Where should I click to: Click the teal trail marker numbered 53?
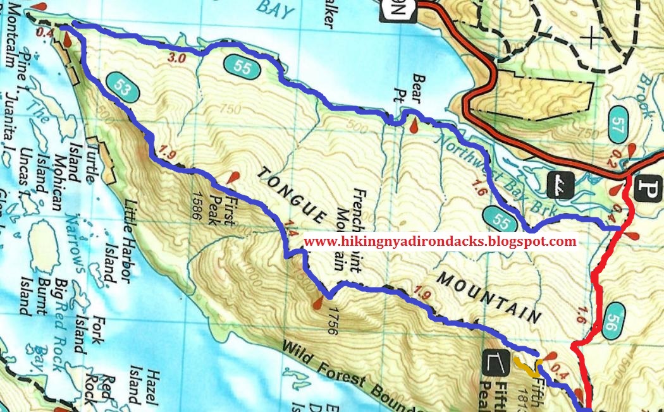[119, 86]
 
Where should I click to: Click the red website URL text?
[440, 241]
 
